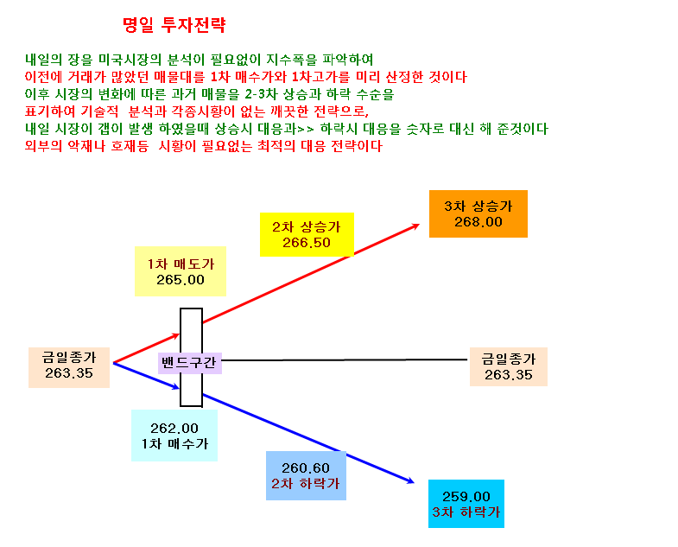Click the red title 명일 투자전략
(174, 25)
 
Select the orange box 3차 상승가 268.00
(478, 213)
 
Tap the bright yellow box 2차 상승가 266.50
(307, 234)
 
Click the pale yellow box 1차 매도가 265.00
(181, 271)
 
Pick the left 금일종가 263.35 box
(69, 367)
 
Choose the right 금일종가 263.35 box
(509, 366)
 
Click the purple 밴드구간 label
(190, 363)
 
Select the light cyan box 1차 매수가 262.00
(174, 436)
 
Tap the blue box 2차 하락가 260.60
(306, 475)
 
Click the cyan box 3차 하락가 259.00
(466, 504)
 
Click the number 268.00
(478, 222)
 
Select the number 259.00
(466, 496)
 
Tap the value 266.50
(307, 243)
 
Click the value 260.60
(306, 467)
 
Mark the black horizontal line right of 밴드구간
(345, 359)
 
